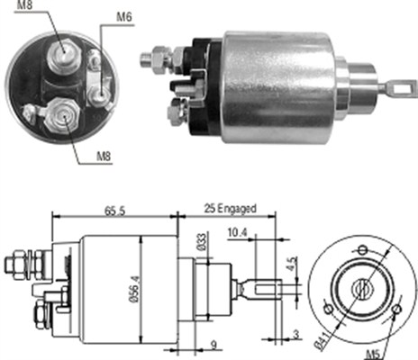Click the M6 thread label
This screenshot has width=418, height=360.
pos(126,16)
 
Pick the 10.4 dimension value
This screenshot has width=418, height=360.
pos(237,232)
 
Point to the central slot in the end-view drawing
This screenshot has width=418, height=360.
pos(361,290)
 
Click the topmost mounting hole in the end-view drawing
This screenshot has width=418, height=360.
pos(362,248)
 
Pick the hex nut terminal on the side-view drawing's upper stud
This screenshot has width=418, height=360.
pos(15,265)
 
